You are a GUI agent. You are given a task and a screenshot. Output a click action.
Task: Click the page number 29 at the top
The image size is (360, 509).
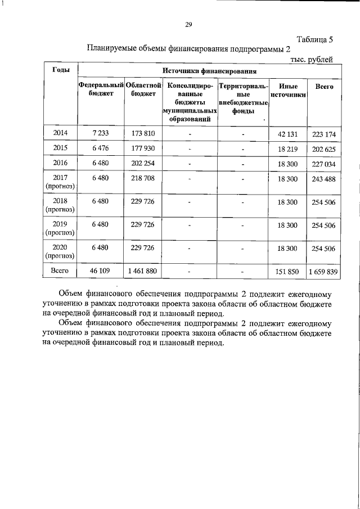pos(188,24)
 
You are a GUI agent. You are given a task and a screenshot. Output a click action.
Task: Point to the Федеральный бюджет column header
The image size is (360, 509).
pos(101,90)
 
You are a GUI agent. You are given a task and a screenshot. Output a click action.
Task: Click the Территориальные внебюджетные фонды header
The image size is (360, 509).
pos(243,98)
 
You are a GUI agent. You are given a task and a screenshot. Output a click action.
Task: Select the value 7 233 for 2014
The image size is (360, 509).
pos(101,133)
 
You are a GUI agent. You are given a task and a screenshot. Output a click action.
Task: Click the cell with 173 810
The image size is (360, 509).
pos(142,133)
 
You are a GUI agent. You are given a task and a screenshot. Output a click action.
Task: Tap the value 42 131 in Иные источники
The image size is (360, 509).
pos(287,134)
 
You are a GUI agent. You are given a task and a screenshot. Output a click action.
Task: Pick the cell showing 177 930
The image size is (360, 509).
pos(142,148)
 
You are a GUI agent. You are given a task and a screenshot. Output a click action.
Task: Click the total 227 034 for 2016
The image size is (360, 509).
pos(322,164)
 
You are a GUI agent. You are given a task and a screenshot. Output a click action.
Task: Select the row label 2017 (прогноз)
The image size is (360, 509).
pos(60,182)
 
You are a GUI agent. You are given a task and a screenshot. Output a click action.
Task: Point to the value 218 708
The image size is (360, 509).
pos(142,178)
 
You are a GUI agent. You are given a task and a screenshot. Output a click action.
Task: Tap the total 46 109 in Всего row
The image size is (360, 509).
pos(101,271)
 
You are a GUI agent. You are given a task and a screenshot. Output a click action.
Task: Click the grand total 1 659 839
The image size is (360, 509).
pos(322,271)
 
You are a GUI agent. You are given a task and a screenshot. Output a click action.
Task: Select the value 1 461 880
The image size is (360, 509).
pos(142,271)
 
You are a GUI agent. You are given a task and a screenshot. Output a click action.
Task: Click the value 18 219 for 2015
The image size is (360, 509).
pos(287,148)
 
